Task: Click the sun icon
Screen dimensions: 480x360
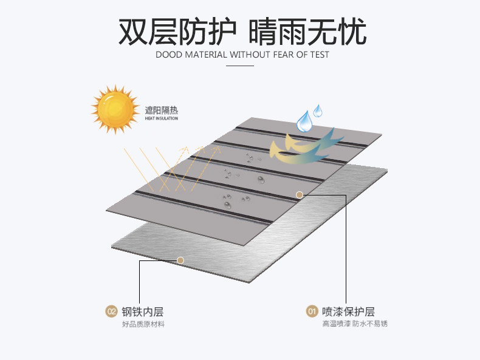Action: point(114,108)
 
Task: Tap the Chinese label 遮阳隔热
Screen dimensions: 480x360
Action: point(161,110)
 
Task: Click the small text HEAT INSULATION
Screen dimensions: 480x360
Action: point(161,118)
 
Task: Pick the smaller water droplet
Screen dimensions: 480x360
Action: point(318,110)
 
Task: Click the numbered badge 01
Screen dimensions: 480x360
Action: point(311,312)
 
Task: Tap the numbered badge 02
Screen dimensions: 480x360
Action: point(111,312)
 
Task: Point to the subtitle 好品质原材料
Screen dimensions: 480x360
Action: point(143,324)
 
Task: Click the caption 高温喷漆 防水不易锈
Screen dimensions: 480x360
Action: point(355,324)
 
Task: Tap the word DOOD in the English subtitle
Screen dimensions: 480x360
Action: point(168,55)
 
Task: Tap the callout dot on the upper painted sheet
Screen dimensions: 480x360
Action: point(299,195)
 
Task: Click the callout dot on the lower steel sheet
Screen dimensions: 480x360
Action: point(180,260)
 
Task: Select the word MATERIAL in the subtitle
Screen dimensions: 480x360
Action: point(204,55)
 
